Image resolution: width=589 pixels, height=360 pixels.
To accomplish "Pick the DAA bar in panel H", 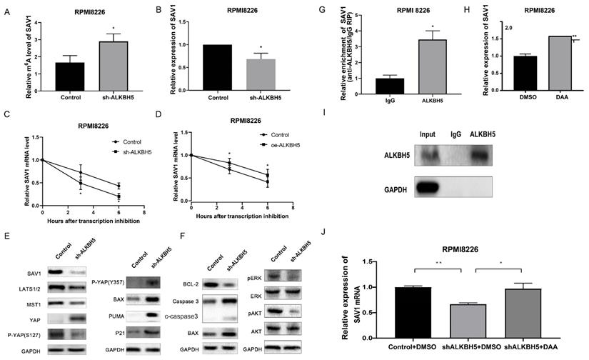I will pos(554,64).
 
